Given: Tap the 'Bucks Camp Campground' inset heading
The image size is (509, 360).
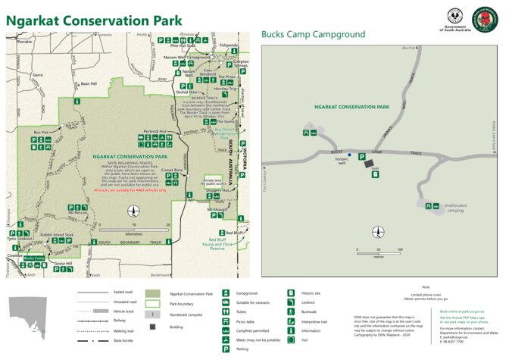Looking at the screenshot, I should point(313,35).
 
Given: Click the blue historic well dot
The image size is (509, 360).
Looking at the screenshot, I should point(349,155).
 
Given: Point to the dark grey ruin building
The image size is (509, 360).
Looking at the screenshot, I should point(369,163).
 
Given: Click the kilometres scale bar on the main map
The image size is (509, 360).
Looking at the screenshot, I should point(135,229).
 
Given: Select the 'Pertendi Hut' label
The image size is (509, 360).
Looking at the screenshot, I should point(155,131).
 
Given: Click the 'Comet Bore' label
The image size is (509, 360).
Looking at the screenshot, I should point(173,171).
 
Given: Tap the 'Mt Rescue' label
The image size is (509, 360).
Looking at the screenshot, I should point(78,214).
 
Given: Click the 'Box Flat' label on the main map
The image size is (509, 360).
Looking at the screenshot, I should point(40,132).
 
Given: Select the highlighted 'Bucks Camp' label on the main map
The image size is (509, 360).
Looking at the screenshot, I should point(35,258).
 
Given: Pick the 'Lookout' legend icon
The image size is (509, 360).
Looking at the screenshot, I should point(292,302).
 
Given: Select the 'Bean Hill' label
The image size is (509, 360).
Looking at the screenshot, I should point(89,83).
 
